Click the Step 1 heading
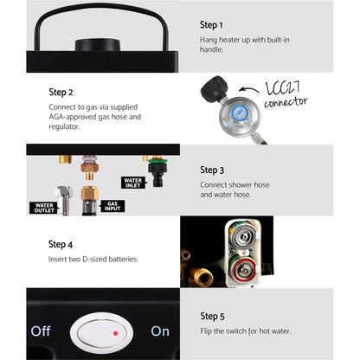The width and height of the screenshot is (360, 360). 211,25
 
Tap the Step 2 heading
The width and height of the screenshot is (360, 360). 61,93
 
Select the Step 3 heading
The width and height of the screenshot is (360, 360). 212,170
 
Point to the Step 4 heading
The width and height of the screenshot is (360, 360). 61,244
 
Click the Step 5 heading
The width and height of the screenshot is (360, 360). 212,317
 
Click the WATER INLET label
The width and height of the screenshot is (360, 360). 133,183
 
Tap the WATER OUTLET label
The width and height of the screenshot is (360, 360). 44,208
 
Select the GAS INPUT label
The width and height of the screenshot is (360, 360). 112,206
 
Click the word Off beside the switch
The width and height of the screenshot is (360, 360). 41,331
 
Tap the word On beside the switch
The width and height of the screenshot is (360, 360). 160,331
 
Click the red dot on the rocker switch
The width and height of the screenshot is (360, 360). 116,333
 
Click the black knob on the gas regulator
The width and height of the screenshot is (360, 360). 215,88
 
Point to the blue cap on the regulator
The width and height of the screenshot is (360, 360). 239,112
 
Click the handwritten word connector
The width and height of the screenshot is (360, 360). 286,102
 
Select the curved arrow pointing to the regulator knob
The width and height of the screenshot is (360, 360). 248,89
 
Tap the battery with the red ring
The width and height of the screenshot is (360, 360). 244,269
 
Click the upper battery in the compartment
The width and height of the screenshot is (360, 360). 243,236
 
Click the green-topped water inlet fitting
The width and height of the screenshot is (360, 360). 157,171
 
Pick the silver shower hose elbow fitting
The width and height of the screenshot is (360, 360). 64,200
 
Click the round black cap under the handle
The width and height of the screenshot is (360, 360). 98,45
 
